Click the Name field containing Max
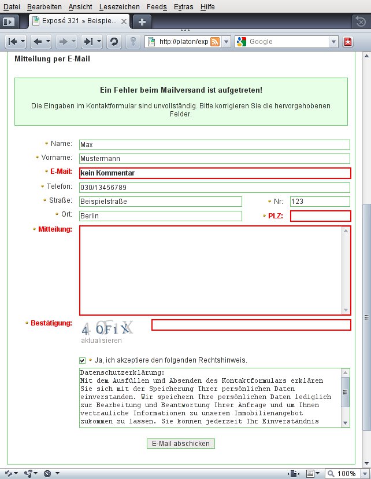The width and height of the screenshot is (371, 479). pos(214,145)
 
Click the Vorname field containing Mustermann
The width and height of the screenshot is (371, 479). pos(214,159)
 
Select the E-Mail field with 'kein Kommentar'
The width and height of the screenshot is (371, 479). pos(214,173)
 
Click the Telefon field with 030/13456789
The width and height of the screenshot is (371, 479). pos(214,188)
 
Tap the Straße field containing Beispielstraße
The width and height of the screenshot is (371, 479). pos(160,202)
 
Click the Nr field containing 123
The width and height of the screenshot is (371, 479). pos(320,202)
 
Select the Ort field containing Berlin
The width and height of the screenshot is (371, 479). pos(160,216)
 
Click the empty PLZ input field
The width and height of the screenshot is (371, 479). pos(320,216)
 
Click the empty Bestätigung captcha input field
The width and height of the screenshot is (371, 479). pos(251,325)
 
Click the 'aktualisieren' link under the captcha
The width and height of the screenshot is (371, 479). pos(102,341)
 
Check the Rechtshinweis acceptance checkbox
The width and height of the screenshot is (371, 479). pos(83,361)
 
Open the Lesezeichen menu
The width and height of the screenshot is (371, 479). pos(119,6)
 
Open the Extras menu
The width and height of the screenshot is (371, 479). pos(183,6)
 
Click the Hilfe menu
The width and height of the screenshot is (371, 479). pos(207,6)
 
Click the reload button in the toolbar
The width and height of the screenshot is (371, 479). pos(114,42)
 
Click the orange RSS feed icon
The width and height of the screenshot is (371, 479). pos(215,42)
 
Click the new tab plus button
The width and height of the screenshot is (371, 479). pos(142,21)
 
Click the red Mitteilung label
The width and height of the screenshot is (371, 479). pos(54,230)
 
